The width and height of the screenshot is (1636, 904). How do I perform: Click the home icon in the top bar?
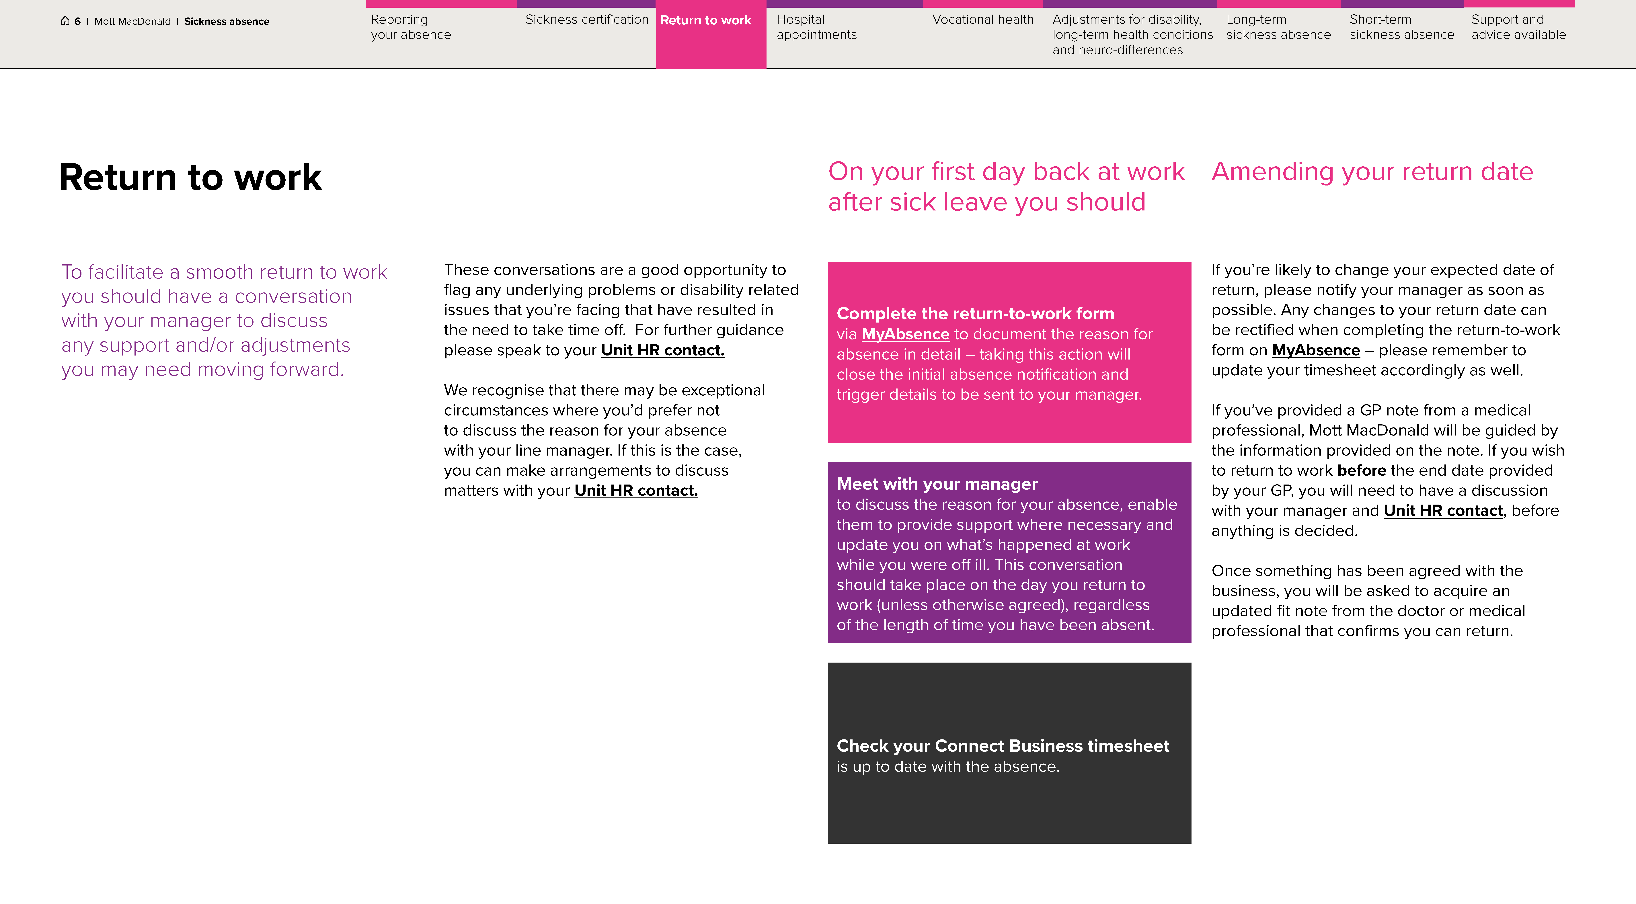(x=65, y=21)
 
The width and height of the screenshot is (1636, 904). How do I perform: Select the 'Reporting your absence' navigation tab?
(x=411, y=27)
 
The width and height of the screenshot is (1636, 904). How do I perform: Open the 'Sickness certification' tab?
(x=586, y=20)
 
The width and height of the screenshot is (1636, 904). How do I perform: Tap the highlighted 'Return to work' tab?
(x=706, y=20)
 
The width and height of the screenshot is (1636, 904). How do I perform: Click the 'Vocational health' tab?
(x=982, y=20)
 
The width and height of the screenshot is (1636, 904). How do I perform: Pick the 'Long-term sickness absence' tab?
(x=1278, y=27)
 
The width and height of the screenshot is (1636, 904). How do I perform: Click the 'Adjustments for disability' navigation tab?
(x=1132, y=35)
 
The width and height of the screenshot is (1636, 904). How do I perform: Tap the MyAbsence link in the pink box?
(x=905, y=334)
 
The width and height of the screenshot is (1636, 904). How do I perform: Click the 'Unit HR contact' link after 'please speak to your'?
(x=662, y=350)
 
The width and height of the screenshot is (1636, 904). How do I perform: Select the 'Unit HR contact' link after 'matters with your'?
(x=636, y=491)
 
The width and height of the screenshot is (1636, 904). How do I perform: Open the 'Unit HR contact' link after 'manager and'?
(x=1443, y=511)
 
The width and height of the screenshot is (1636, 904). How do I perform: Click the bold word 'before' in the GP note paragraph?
(x=1361, y=470)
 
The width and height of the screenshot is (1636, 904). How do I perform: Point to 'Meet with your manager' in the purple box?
(x=937, y=484)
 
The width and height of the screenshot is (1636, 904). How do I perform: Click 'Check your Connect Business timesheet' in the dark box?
(x=1002, y=746)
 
